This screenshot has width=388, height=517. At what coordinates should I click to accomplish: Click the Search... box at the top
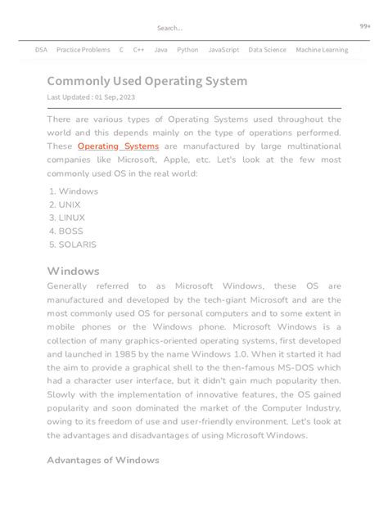(x=171, y=28)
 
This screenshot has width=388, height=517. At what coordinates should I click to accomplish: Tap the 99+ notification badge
(x=365, y=26)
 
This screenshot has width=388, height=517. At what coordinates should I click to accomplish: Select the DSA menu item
(x=41, y=50)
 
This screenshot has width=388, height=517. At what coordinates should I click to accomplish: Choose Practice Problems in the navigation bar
(x=83, y=50)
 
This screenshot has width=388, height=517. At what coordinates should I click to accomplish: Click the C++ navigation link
(x=138, y=50)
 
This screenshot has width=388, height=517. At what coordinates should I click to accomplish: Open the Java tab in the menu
(x=160, y=50)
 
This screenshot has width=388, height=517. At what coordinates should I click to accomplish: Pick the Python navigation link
(x=187, y=50)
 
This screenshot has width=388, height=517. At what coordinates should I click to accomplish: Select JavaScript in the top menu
(x=223, y=50)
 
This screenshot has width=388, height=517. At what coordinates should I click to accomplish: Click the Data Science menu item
(x=268, y=50)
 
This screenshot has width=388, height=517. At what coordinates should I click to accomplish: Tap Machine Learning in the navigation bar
(x=322, y=50)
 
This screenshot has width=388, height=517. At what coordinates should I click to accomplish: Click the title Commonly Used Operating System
(x=147, y=81)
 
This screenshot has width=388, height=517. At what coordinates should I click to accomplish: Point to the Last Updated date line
(x=91, y=97)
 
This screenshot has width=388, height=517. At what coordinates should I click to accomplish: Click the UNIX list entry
(x=70, y=205)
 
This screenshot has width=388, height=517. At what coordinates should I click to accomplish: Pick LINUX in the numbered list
(x=71, y=218)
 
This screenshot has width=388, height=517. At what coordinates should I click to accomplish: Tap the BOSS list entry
(x=70, y=231)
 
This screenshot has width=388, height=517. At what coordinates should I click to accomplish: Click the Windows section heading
(x=73, y=271)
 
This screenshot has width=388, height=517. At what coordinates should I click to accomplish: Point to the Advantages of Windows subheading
(x=102, y=460)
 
